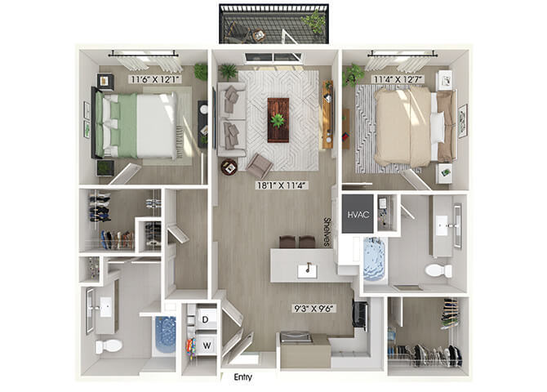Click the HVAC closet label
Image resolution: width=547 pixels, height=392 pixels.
tap(358, 214)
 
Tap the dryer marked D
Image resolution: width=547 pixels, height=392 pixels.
tap(205, 319)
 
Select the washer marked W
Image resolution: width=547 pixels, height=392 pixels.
tap(207, 345)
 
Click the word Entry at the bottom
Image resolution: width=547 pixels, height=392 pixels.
tap(242, 377)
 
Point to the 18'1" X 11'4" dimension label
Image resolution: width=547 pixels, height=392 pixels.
tap(282, 185)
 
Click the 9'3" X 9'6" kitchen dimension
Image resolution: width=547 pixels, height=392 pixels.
tap(314, 308)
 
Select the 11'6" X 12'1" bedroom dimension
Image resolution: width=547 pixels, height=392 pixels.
tap(155, 79)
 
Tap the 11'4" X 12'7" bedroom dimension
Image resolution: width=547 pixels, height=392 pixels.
tap(398, 79)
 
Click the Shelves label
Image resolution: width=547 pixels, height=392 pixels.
tap(327, 232)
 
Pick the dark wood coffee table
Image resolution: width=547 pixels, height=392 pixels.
tap(278, 120)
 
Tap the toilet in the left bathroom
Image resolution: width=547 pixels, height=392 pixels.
tap(109, 346)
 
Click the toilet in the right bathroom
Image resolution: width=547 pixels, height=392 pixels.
tap(438, 270)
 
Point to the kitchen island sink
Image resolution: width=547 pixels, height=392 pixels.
tap(307, 271)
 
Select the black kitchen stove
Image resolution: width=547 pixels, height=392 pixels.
tap(361, 314)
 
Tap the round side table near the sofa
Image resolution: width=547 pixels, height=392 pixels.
tap(229, 167)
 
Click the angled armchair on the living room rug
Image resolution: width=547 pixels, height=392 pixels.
tap(260, 165)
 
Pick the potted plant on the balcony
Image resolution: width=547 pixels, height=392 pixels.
tap(314, 21)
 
